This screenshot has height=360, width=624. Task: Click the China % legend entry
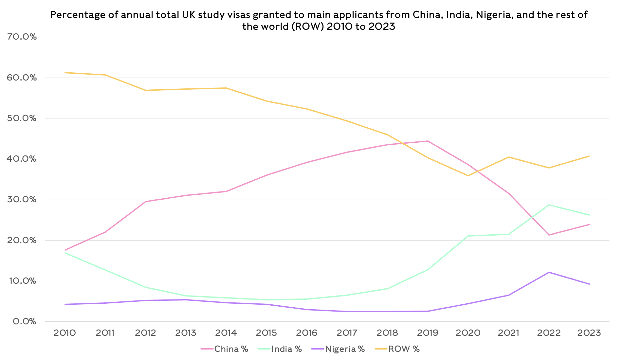pos(225,349)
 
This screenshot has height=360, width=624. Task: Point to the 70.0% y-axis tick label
pos(22,37)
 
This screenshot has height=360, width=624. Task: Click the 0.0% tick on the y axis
pos(25,321)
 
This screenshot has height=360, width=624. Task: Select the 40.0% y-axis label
pos(22,159)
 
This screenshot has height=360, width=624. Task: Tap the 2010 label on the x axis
pos(65,333)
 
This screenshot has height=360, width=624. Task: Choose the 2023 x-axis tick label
pos(589,333)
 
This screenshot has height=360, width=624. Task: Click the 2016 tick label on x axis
pos(307,333)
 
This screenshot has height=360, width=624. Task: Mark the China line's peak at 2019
pos(428,141)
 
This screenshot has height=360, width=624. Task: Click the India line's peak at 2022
pos(549,205)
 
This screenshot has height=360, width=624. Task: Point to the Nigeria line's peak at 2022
pos(549,272)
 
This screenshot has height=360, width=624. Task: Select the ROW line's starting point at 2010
pos(65,73)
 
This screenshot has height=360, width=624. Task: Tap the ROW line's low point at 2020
pos(468,176)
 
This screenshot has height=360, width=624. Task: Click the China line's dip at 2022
pos(549,235)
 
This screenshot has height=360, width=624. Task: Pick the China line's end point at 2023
pos(589,225)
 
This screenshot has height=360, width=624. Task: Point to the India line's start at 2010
pos(65,253)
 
